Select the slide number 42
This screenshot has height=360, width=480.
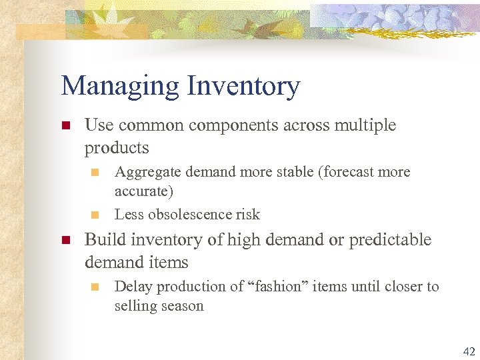[x=469, y=351]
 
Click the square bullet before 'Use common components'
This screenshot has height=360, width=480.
[x=65, y=125]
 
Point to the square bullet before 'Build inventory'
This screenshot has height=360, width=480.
[x=65, y=240]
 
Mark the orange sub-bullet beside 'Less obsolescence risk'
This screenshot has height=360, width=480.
[x=95, y=215]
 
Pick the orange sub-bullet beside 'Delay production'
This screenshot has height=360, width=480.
[x=95, y=287]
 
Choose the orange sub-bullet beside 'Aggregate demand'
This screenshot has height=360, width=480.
[x=95, y=172]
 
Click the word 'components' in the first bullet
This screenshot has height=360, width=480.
[x=234, y=125]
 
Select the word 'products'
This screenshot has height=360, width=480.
[x=117, y=147]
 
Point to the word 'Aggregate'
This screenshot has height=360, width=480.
[x=147, y=172]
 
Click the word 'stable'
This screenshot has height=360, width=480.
[x=293, y=172]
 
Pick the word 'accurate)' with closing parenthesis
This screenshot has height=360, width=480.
[x=143, y=192]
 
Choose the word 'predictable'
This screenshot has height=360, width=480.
[x=391, y=240]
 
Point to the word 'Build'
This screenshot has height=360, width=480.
[x=104, y=240]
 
